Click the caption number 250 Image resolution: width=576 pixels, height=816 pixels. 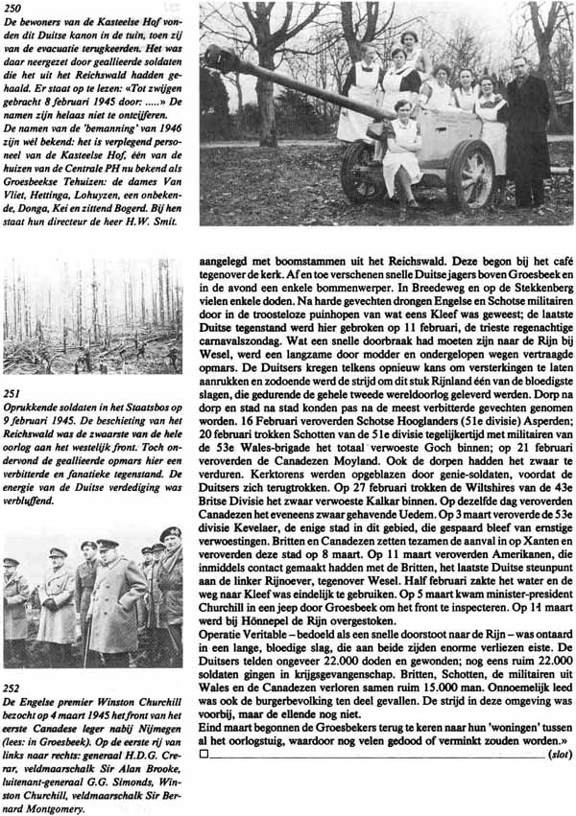(13, 8)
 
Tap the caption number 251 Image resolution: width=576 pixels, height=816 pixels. (13, 392)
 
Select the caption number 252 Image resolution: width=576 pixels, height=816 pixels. (13, 687)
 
